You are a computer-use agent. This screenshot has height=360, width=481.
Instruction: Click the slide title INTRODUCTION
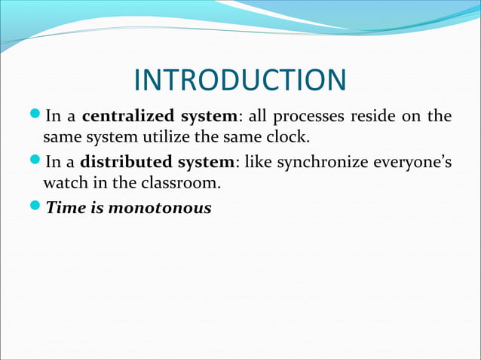[x=240, y=81]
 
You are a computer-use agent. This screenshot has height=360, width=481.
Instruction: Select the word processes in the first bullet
[x=305, y=117]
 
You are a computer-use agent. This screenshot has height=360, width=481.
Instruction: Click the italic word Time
[x=63, y=207]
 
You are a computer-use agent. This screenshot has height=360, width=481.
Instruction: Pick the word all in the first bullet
[x=258, y=117]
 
